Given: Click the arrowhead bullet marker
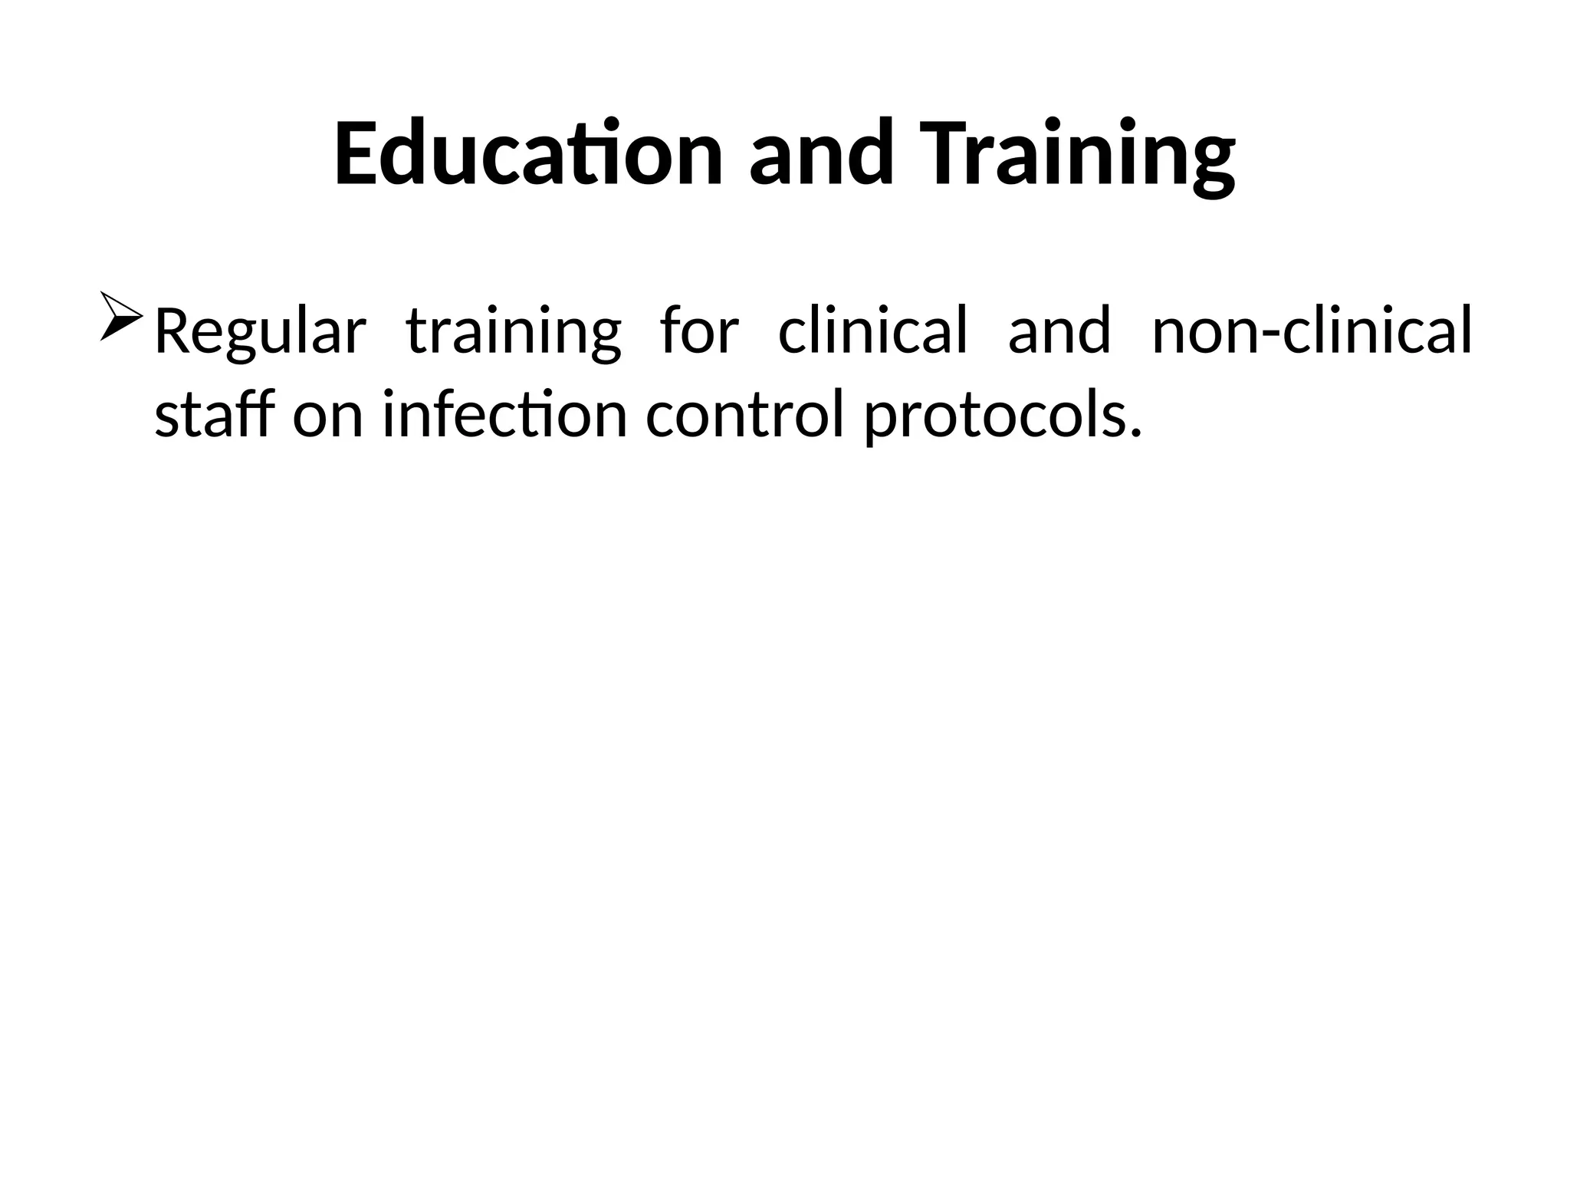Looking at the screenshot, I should pos(120,316).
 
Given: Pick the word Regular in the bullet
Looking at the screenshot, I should pos(260,332).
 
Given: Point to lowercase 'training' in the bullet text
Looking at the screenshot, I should pos(513,332).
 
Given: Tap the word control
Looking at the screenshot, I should pos(744,414).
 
